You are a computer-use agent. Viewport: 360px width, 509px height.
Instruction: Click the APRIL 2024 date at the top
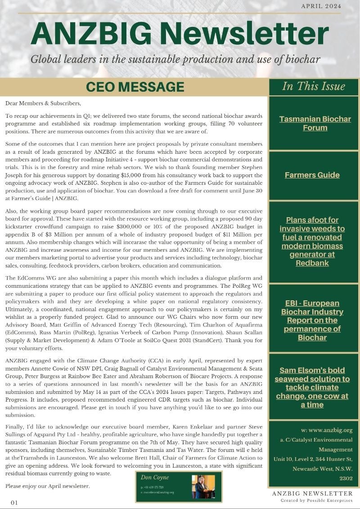[x=320, y=6]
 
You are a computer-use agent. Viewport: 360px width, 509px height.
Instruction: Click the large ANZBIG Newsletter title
[x=180, y=33]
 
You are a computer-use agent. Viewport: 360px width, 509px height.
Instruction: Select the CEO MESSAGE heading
[x=135, y=87]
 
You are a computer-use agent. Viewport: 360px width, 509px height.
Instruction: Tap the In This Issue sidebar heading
[x=313, y=86]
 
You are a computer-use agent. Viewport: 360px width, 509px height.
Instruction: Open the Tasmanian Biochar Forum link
[x=315, y=123]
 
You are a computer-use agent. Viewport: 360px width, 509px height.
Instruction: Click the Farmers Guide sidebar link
[x=312, y=175]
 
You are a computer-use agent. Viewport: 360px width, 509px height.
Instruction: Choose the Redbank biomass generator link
[x=312, y=241]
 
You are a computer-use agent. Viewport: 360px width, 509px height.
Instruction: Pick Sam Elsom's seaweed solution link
[x=312, y=387]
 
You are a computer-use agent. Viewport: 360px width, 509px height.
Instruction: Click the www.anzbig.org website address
[x=327, y=430]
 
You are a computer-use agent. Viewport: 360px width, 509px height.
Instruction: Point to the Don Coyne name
[x=154, y=478]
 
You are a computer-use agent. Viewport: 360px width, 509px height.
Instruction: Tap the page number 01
[x=14, y=502]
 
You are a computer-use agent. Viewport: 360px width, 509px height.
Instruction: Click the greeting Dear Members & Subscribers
[x=43, y=103]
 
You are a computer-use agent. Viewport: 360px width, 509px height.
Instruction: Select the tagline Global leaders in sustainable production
[x=175, y=59]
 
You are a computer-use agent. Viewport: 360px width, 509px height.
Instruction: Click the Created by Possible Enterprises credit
[x=316, y=500]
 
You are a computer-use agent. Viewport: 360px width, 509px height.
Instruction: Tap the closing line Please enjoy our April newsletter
[x=48, y=486]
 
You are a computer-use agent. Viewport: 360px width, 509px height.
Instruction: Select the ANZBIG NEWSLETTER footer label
[x=312, y=494]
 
